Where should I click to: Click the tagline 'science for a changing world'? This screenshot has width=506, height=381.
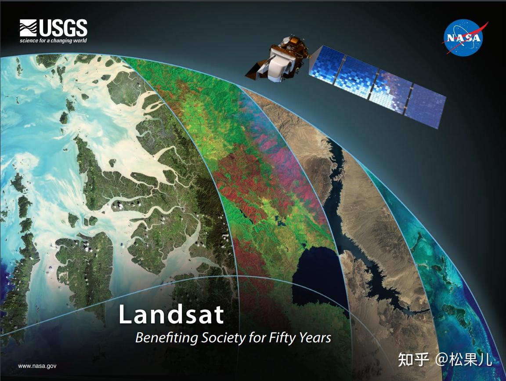click(x=53, y=41)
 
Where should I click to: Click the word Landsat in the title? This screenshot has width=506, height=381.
click(x=171, y=314)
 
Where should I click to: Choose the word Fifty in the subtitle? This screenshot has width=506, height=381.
click(x=282, y=338)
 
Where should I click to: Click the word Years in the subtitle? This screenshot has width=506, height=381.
click(x=315, y=338)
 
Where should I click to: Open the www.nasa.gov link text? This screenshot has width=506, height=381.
click(x=37, y=366)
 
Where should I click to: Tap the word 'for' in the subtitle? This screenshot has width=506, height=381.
click(x=259, y=338)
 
